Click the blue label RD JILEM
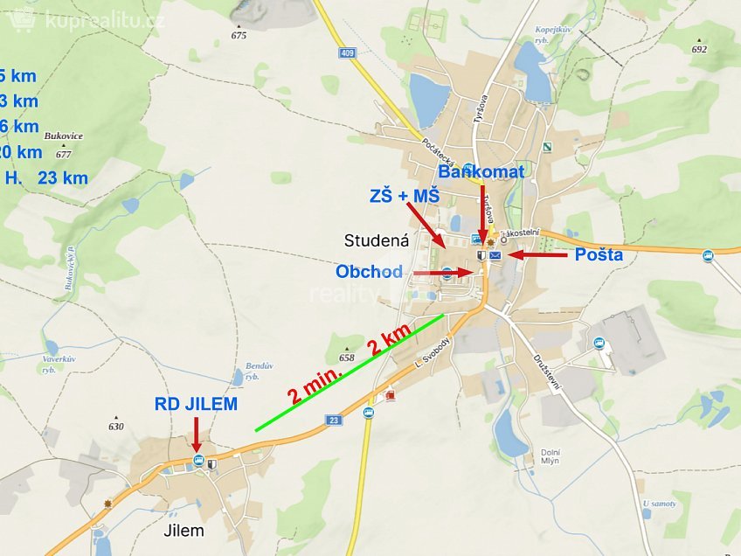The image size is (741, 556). click(196, 404)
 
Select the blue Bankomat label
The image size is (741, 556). click(481, 172)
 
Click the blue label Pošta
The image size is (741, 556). click(599, 254)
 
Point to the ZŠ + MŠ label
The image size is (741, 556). click(404, 198)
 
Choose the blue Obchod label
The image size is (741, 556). click(369, 272)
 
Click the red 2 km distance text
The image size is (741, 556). click(389, 339)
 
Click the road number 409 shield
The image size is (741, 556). click(349, 52)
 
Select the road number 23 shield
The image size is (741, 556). click(334, 420)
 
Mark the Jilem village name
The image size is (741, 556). click(184, 530)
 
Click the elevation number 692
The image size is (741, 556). click(698, 50)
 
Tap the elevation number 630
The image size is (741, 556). click(116, 427)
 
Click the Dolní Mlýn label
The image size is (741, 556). click(550, 457)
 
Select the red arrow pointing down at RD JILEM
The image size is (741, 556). click(196, 434)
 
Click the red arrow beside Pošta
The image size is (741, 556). click(537, 254)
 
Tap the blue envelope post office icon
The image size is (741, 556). click(495, 255)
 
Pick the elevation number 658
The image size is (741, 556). click(347, 358)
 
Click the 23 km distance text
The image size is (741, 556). click(63, 177)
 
